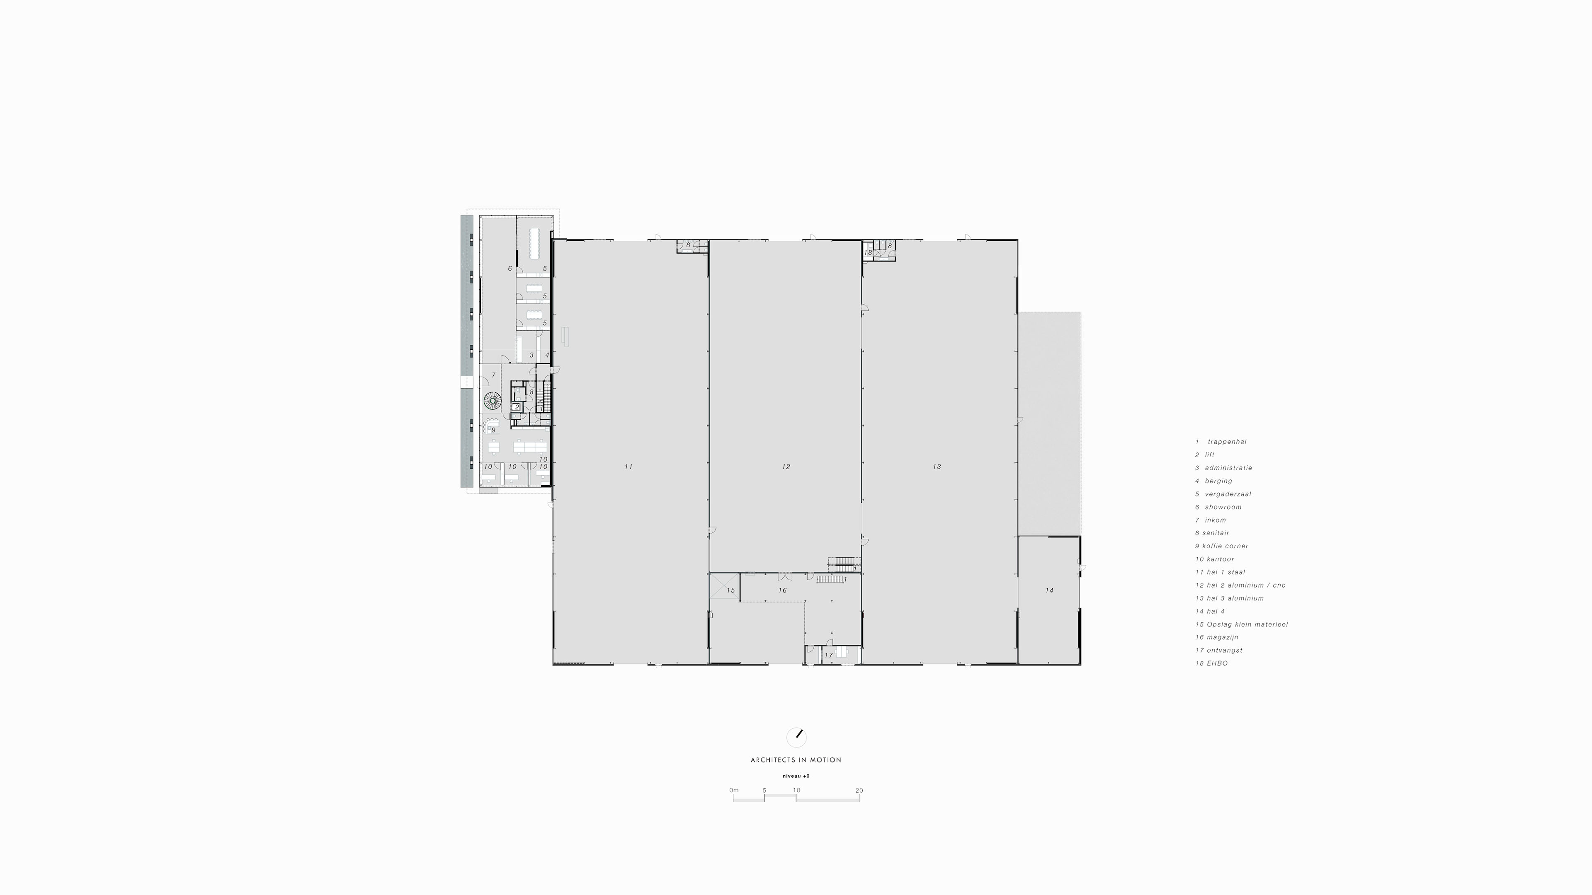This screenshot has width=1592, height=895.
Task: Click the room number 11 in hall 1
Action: click(628, 466)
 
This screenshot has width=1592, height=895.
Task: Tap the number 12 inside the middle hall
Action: click(786, 466)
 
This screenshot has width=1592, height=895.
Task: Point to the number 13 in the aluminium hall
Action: click(936, 466)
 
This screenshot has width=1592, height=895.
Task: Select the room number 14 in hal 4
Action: click(1049, 590)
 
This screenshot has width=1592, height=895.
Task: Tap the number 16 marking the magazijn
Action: click(782, 590)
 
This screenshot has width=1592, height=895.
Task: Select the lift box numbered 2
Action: click(517, 407)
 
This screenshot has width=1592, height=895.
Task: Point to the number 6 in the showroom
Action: click(510, 268)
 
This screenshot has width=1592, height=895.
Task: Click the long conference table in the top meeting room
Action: click(534, 243)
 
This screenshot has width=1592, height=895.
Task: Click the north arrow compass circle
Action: click(796, 737)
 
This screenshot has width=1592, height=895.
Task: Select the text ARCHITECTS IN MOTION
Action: click(796, 760)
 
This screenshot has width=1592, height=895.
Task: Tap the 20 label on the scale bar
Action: click(859, 791)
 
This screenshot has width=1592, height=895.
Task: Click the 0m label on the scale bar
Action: click(733, 791)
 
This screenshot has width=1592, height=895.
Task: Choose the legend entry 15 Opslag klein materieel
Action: click(1242, 624)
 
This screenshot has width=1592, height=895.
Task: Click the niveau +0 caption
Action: click(796, 776)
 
